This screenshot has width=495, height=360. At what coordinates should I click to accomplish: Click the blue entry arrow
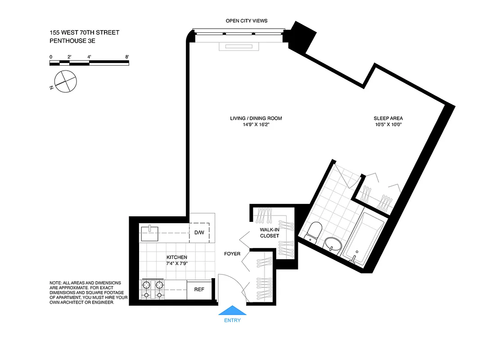click(x=232, y=310)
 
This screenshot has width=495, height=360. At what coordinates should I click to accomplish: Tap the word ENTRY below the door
click(x=232, y=320)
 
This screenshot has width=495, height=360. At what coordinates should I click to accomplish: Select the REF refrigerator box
click(x=199, y=289)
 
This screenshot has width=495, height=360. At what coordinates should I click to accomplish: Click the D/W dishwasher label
click(x=199, y=233)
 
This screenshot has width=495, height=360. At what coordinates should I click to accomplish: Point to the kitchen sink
click(x=150, y=234)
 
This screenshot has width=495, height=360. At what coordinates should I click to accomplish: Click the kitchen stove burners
click(x=153, y=289)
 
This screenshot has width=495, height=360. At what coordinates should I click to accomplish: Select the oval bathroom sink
click(x=333, y=246)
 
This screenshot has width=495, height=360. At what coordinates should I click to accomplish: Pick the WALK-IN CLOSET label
click(x=270, y=233)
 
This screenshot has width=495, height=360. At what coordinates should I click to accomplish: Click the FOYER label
click(x=232, y=254)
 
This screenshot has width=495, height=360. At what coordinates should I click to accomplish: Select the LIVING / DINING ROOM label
click(x=256, y=118)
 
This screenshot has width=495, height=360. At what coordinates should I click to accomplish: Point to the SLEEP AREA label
click(x=387, y=118)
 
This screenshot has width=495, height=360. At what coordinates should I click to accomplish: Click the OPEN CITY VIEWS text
click(x=247, y=21)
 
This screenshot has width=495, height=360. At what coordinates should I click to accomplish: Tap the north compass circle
click(x=66, y=82)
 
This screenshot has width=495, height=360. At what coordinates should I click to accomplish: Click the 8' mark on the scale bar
click(x=127, y=57)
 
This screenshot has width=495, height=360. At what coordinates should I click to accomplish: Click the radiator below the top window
click(x=238, y=47)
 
